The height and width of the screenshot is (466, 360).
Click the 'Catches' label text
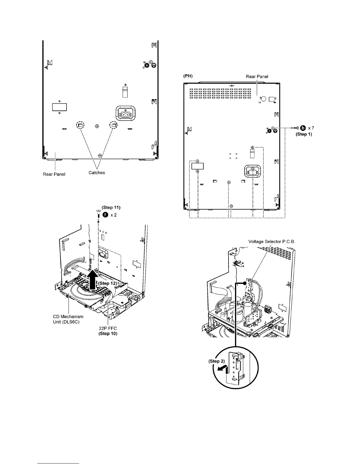click(97, 173)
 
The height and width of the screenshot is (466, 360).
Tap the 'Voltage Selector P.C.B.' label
click(271, 242)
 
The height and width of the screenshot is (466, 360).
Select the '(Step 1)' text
click(304, 134)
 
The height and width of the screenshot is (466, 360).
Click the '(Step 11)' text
click(111, 208)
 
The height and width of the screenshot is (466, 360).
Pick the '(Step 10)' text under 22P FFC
click(108, 334)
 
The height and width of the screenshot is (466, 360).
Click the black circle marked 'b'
click(302, 128)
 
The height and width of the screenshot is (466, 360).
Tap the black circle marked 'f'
click(105, 215)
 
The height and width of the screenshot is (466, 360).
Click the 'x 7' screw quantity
click(311, 128)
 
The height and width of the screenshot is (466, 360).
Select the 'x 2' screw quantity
click(114, 215)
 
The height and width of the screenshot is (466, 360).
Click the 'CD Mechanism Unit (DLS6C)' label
click(68, 319)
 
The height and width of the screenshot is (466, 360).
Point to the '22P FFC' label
click(108, 328)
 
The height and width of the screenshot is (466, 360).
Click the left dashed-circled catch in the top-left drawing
click(80, 125)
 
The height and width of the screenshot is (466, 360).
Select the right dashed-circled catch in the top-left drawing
click(114, 125)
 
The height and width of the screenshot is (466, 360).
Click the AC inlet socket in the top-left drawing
click(126, 113)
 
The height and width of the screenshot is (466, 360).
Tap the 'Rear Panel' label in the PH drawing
click(257, 76)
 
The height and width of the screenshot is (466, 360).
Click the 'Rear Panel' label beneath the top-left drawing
click(54, 174)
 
